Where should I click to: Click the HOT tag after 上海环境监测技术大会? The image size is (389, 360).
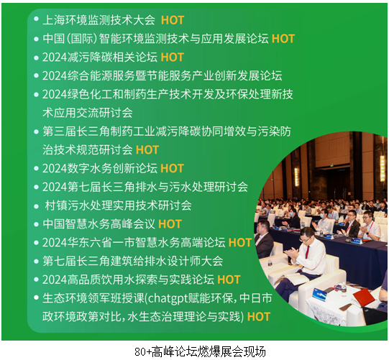[x=173, y=20]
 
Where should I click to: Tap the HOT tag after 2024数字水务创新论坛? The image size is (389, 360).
[x=172, y=168]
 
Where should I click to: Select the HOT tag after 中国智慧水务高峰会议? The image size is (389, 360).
[x=170, y=224]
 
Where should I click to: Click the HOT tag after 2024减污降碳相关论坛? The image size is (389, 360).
[x=172, y=57]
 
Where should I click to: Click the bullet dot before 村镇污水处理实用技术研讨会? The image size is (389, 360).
[x=36, y=206]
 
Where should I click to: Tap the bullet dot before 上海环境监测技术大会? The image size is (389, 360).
[x=36, y=19]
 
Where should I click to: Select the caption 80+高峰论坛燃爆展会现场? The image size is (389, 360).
[x=200, y=351]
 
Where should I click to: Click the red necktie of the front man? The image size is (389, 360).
[x=307, y=251]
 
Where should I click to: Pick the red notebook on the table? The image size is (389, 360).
[x=364, y=297]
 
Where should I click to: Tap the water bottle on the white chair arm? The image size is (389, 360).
[x=270, y=264]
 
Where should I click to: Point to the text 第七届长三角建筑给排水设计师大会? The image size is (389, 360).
[x=133, y=261]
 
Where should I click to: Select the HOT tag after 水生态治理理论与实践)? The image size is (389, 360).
[x=259, y=317]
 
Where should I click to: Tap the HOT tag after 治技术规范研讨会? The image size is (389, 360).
[x=147, y=149]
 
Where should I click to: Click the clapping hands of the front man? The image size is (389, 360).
[x=292, y=254]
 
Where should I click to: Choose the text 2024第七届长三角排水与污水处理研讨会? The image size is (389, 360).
[x=145, y=187]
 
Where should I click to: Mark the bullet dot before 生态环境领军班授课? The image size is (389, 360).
[x=36, y=297]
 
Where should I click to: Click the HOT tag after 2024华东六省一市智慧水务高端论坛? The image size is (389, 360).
[x=240, y=242]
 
